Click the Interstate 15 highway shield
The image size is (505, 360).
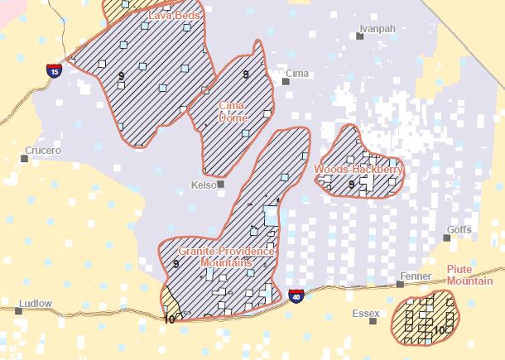click(x=54, y=71)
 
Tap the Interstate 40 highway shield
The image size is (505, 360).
click(x=296, y=295)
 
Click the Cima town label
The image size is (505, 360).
click(x=296, y=74)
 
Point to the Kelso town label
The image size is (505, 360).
click(x=203, y=185)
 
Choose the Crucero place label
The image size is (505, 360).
click(x=43, y=151)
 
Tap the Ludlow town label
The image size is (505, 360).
click(x=34, y=304)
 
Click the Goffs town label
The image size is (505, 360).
click(x=459, y=229)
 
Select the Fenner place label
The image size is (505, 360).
click(x=415, y=276)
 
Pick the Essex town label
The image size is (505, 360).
click(x=365, y=314)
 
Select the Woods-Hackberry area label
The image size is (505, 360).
click(x=358, y=170)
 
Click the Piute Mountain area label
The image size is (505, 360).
click(x=469, y=275)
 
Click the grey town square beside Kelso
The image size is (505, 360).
click(x=221, y=185)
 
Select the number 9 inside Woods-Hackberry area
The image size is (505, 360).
click(x=351, y=184)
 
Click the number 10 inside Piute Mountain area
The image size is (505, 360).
click(x=439, y=329)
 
